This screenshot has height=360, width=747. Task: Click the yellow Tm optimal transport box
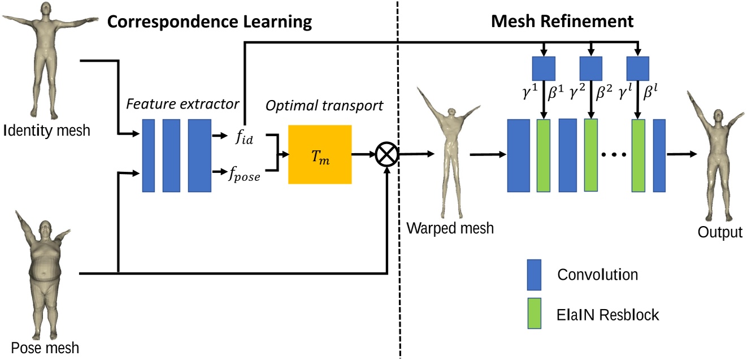[319, 154]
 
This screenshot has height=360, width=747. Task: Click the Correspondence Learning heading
[210, 22]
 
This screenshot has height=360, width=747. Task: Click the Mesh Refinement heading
[562, 22]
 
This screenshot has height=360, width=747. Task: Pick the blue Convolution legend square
[533, 275]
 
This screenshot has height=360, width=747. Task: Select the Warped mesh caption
[450, 228]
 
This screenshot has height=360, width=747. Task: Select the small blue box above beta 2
[592, 68]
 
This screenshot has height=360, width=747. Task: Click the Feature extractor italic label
[183, 105]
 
